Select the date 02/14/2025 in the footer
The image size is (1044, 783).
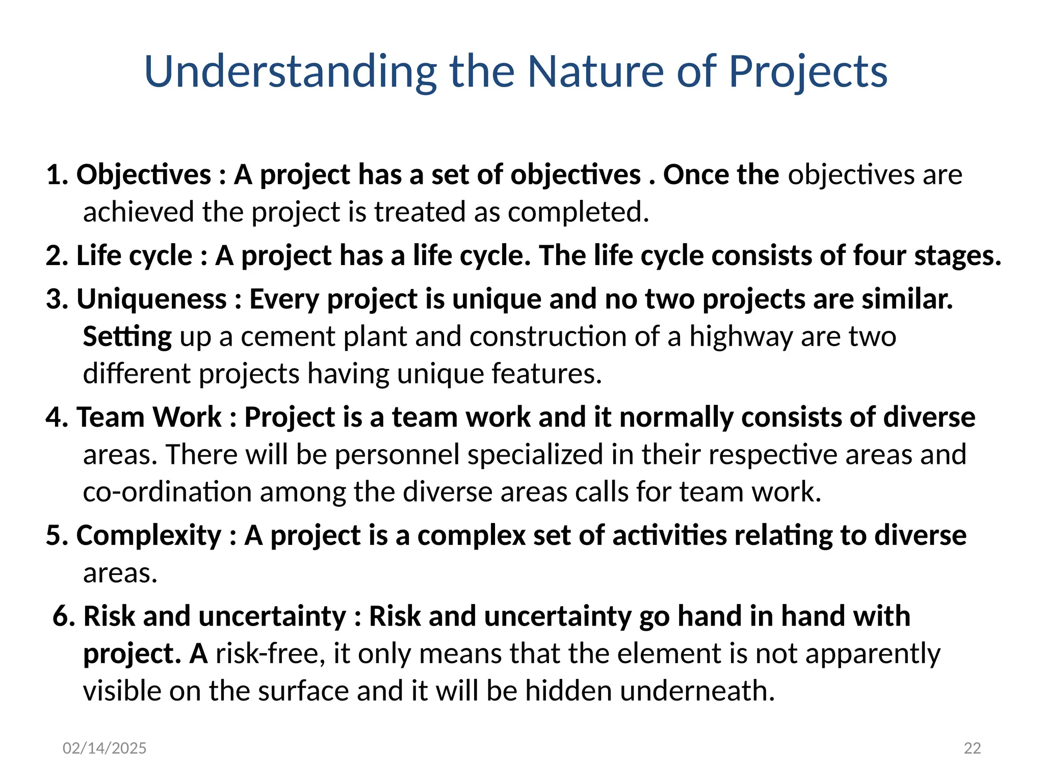[x=105, y=748]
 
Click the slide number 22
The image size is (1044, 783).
[x=972, y=748]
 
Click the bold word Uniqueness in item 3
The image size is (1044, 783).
[x=151, y=299]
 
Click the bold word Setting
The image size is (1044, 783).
[x=127, y=337]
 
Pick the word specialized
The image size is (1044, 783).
[x=535, y=455]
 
